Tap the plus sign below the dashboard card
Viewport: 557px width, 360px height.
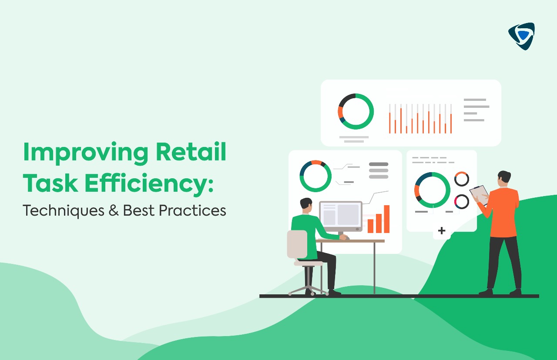point(442,231)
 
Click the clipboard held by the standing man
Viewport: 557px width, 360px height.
point(480,194)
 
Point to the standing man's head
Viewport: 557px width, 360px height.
point(504,178)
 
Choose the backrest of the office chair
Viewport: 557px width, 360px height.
point(297,244)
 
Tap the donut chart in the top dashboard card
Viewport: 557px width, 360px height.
point(356,111)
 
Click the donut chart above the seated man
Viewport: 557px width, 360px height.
point(315,176)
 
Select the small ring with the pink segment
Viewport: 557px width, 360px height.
point(462,201)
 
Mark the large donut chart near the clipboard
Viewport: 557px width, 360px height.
point(432,190)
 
